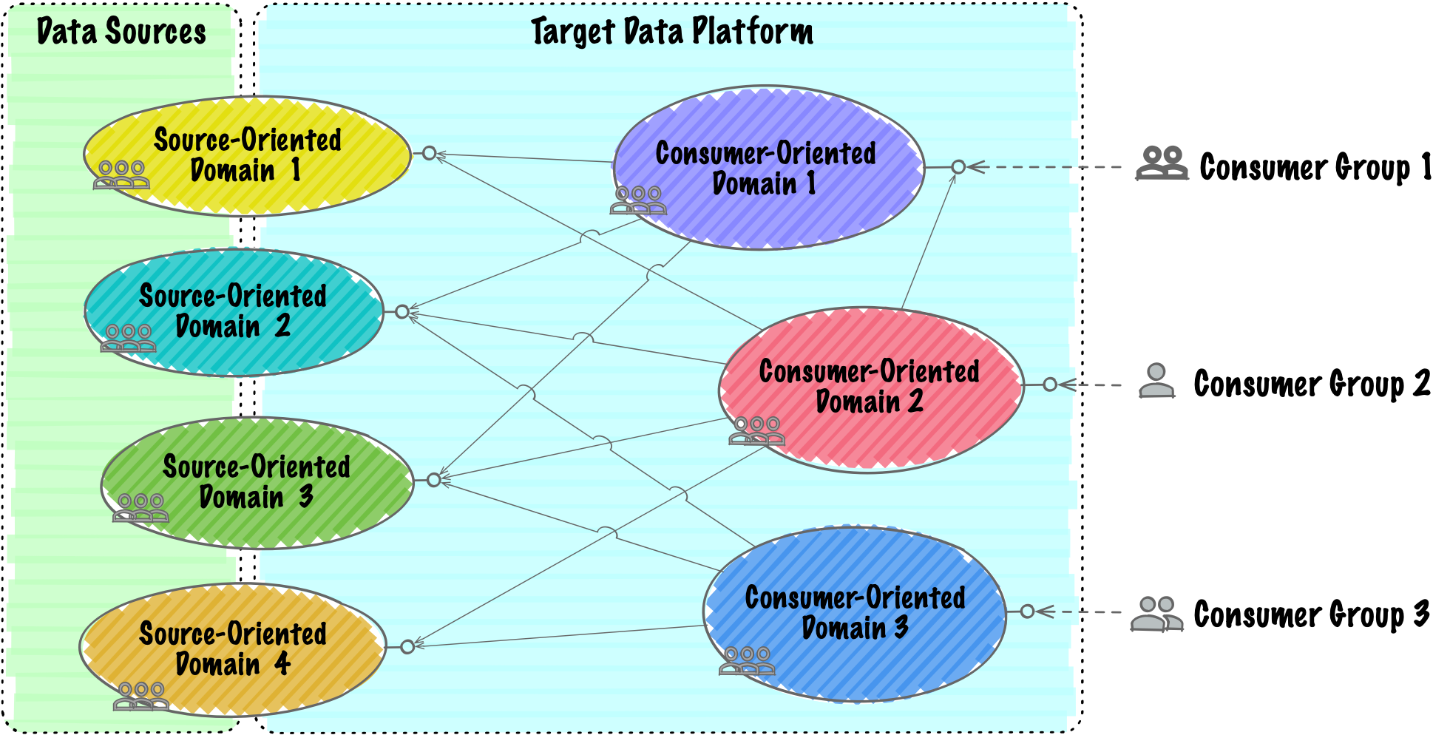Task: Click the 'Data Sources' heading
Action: pyautogui.click(x=121, y=32)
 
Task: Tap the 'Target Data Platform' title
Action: pyautogui.click(x=671, y=32)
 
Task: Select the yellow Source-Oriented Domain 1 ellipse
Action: pyautogui.click(x=247, y=155)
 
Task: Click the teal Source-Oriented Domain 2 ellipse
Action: pyautogui.click(x=234, y=311)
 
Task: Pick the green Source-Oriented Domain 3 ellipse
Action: pyautogui.click(x=257, y=482)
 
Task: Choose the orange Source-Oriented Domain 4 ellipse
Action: pyautogui.click(x=233, y=648)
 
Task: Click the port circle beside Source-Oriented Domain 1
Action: pyautogui.click(x=430, y=153)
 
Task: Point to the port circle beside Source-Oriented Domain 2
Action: pyautogui.click(x=402, y=312)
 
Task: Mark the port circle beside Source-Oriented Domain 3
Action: pyautogui.click(x=434, y=481)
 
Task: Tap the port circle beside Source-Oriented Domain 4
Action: pyautogui.click(x=407, y=647)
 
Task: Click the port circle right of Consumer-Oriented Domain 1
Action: pyautogui.click(x=958, y=167)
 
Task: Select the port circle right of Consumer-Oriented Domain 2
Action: pyautogui.click(x=1050, y=385)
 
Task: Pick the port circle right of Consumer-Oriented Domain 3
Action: pyautogui.click(x=1027, y=612)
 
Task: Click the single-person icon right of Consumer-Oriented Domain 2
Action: pyautogui.click(x=1156, y=380)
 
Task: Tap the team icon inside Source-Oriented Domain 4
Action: pyautogui.click(x=140, y=696)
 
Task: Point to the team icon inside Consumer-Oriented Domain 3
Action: pyautogui.click(x=747, y=660)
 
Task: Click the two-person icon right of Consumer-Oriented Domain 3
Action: pyautogui.click(x=1156, y=614)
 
